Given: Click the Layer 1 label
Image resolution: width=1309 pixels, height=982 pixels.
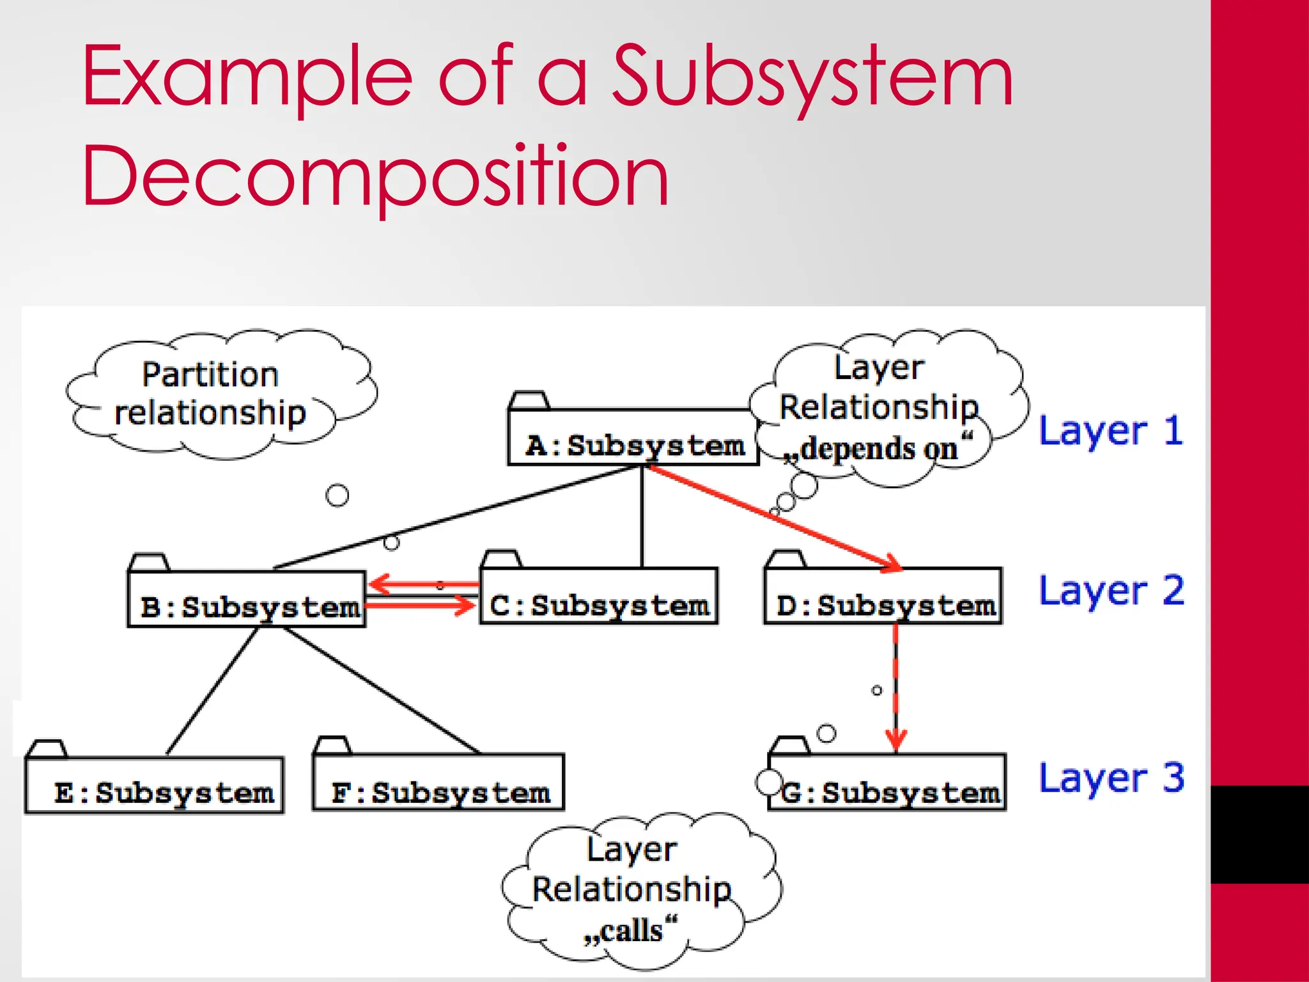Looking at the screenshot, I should (1111, 431).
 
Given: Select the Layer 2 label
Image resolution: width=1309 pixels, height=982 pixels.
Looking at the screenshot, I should (1111, 591).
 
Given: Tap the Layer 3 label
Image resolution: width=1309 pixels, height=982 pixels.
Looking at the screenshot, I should (1111, 778).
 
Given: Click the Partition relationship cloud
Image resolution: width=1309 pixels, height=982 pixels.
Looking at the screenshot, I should (211, 394).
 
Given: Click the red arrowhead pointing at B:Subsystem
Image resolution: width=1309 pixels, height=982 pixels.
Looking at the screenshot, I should (380, 583).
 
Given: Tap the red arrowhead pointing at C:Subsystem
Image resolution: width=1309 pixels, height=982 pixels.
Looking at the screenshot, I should (465, 605).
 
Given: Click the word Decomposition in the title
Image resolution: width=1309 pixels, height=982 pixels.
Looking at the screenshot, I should (376, 176).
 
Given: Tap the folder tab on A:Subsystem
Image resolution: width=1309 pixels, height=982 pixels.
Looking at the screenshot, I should (529, 400).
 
